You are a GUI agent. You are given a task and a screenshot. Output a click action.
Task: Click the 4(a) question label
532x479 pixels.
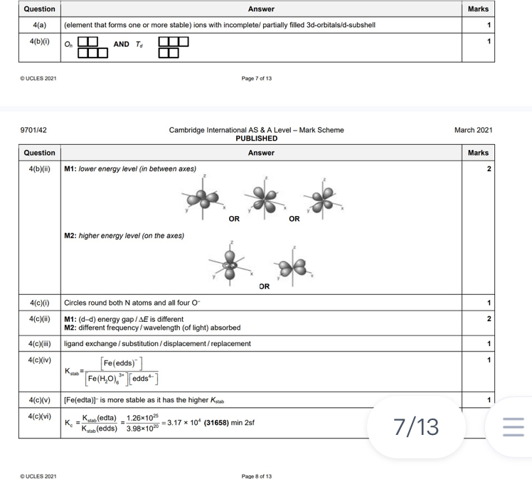click(39, 25)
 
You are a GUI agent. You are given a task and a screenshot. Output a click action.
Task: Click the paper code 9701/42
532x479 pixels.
click(34, 130)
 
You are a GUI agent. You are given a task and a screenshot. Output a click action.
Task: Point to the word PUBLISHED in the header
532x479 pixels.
click(256, 139)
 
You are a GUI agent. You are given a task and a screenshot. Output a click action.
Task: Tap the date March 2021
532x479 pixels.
click(473, 130)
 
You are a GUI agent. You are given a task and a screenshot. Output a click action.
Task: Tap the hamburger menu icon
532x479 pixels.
click(513, 427)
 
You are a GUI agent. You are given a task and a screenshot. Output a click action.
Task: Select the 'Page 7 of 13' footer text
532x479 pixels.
click(256, 78)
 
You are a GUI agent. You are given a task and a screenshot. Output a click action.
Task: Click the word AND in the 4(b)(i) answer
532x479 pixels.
click(122, 44)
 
